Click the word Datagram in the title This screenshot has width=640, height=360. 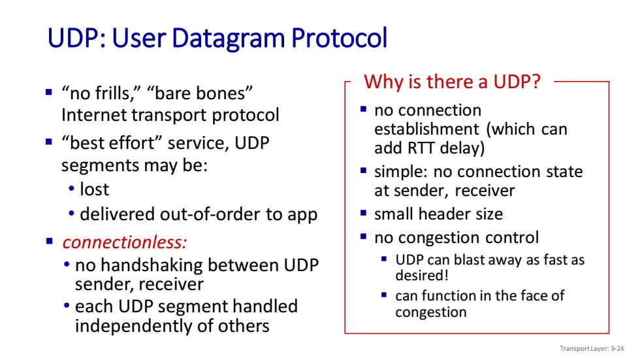pyautogui.click(x=228, y=39)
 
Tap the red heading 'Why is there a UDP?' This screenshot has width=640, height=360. pyautogui.click(x=452, y=82)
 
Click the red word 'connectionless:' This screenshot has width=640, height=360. pyautogui.click(x=125, y=242)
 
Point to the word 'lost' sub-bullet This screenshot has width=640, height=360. pyautogui.click(x=94, y=189)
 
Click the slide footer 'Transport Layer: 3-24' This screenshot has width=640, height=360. pyautogui.click(x=592, y=349)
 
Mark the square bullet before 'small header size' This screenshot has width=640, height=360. pyautogui.click(x=364, y=212)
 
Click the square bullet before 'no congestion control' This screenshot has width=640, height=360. pyautogui.click(x=364, y=237)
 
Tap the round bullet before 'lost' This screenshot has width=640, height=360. pyautogui.click(x=72, y=189)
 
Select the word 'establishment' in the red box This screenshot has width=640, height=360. pyautogui.click(x=426, y=129)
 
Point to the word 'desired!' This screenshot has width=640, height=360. pyautogui.click(x=422, y=276)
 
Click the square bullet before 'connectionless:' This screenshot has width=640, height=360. pyautogui.click(x=50, y=241)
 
